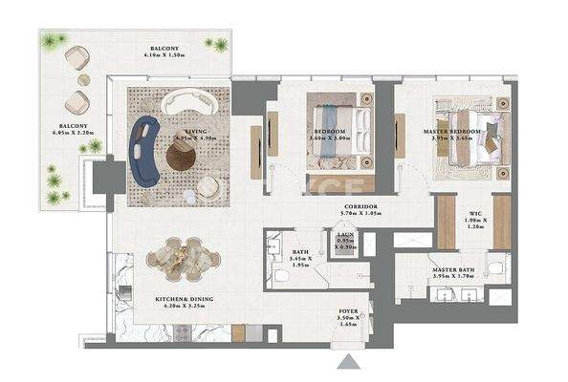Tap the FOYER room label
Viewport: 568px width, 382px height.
click(348, 312)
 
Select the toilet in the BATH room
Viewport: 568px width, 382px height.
click(281, 276)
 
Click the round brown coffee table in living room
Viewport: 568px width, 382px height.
click(183, 157)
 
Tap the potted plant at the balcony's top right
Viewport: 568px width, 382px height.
click(221, 44)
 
